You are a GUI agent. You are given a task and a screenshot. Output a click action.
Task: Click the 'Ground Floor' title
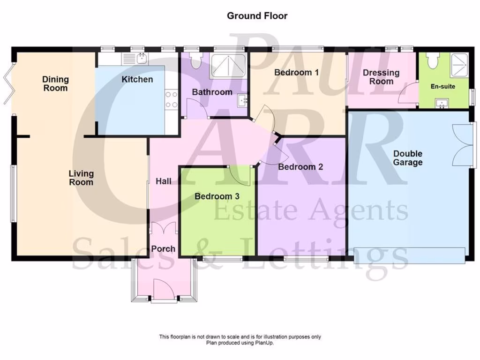click(x=257, y=15)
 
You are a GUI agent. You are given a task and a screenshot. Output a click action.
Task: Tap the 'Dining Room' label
click(x=55, y=83)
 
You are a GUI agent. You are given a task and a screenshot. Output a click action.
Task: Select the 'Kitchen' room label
click(x=137, y=79)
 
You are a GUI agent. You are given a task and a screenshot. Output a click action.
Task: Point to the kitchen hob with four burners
click(x=172, y=99)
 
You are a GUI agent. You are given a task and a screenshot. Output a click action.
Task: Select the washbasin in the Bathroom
click(x=242, y=100)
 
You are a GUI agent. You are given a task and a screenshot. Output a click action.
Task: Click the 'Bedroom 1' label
click(x=296, y=72)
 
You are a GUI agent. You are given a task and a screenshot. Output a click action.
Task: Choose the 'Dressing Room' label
click(x=381, y=77)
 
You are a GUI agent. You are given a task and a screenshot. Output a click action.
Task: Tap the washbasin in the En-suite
click(x=442, y=103)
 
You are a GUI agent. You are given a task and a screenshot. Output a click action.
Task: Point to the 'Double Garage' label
click(x=407, y=158)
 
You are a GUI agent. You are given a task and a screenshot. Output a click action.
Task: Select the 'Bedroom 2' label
click(x=300, y=166)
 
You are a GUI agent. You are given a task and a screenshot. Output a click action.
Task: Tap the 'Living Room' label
click(x=81, y=178)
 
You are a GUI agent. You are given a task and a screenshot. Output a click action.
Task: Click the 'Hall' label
click(x=164, y=181)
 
